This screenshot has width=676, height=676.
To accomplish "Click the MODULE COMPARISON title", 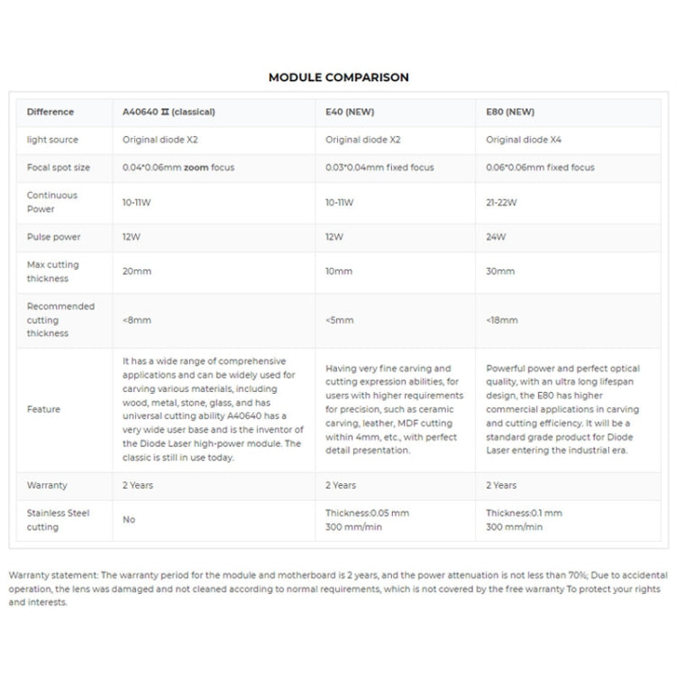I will point(338,78).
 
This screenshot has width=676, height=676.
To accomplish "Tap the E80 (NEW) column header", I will point(510,113).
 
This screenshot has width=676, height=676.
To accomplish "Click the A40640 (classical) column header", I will point(169,113).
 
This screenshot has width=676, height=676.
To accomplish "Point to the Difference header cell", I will point(50,113).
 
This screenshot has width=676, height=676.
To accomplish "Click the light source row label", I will point(52,140).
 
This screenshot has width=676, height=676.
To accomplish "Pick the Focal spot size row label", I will point(59,168).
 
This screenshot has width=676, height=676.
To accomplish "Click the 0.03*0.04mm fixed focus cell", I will point(379,168).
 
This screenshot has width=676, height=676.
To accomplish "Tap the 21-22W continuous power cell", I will point(501,202).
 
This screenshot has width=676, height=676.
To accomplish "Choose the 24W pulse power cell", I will point(496,237).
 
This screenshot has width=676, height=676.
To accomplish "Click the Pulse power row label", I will point(54,237).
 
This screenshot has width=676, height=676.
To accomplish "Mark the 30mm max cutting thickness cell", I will point(500,271).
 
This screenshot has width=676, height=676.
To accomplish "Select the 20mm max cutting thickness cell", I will point(137,271).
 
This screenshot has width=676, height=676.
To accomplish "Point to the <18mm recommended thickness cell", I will point(502,320).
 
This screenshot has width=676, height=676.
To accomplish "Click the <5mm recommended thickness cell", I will point(339,320).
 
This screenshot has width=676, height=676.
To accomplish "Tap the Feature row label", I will point(44,409).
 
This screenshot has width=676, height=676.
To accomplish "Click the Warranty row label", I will point(47,485).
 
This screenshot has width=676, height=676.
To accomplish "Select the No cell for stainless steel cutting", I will point(129,520).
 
